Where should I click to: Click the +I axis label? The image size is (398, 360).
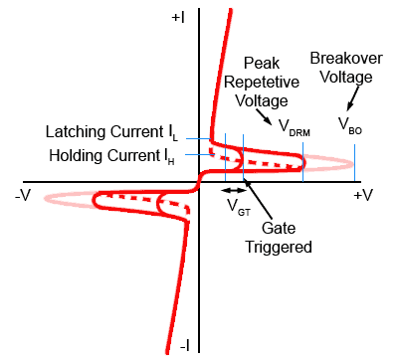[178, 18]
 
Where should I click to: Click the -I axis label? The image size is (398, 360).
[185, 346]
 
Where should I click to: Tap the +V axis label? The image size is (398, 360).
[363, 195]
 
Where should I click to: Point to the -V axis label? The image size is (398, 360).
[23, 195]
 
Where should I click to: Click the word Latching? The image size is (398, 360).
[76, 132]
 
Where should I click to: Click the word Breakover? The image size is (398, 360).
[346, 59]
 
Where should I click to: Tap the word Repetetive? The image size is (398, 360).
[262, 83]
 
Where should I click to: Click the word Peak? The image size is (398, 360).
[262, 63]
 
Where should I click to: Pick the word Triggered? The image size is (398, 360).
[279, 248]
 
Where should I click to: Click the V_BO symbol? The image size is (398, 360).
[350, 126]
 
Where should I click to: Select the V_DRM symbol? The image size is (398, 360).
[295, 128]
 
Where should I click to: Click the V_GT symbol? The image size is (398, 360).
[239, 207]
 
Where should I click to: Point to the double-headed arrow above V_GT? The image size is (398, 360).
[234, 190]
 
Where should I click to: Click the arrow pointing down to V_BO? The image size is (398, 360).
[353, 98]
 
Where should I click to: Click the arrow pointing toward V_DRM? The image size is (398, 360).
[265, 116]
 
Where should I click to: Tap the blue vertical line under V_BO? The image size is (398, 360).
[354, 163]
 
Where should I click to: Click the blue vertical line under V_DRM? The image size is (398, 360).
[302, 162]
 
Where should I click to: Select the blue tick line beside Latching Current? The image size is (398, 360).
[198, 138]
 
